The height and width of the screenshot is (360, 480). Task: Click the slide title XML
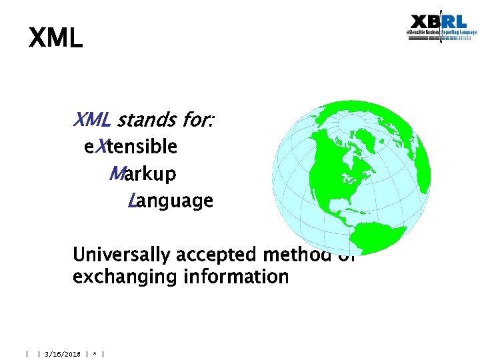(55, 38)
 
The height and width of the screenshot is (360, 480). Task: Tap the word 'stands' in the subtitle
(144, 121)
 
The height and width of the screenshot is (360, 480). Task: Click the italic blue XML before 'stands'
(91, 121)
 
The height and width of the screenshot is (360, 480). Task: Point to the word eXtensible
(131, 147)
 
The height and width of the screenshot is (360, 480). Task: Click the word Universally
(120, 255)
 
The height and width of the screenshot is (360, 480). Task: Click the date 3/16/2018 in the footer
(62, 354)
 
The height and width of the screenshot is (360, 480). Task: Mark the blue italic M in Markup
(115, 174)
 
